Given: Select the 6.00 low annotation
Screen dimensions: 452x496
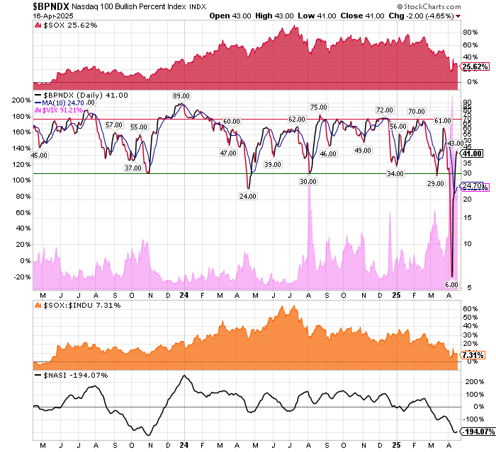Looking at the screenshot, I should (451, 285).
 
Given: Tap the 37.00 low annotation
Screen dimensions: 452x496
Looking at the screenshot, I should (133, 168).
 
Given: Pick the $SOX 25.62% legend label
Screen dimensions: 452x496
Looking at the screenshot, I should (63, 25).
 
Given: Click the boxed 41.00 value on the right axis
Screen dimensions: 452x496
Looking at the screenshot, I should (472, 153).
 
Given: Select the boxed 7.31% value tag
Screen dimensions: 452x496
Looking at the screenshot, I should (473, 354).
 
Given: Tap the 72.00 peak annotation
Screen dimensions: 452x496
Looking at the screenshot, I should (385, 110).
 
